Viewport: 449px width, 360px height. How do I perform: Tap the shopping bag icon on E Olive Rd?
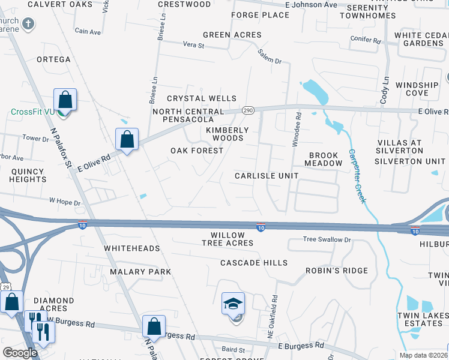tap(127, 140)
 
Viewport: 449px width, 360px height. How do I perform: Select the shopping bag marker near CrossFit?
tap(65, 100)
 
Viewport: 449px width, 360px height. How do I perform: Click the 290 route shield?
tap(249, 110)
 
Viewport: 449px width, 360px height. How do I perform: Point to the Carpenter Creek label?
tap(357, 176)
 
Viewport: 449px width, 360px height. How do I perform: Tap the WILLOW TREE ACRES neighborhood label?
tap(228, 239)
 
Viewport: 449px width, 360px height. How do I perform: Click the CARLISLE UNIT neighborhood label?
tap(267, 175)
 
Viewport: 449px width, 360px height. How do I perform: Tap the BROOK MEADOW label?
tap(325, 159)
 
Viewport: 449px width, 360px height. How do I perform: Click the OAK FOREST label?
tap(197, 151)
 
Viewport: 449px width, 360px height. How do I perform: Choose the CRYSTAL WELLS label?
tap(202, 98)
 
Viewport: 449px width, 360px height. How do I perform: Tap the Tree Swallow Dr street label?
tap(327, 239)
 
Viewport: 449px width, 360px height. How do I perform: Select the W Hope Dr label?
tap(64, 203)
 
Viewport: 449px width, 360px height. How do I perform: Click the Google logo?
tap(20, 353)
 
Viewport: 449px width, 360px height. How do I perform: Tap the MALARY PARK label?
tap(140, 272)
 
